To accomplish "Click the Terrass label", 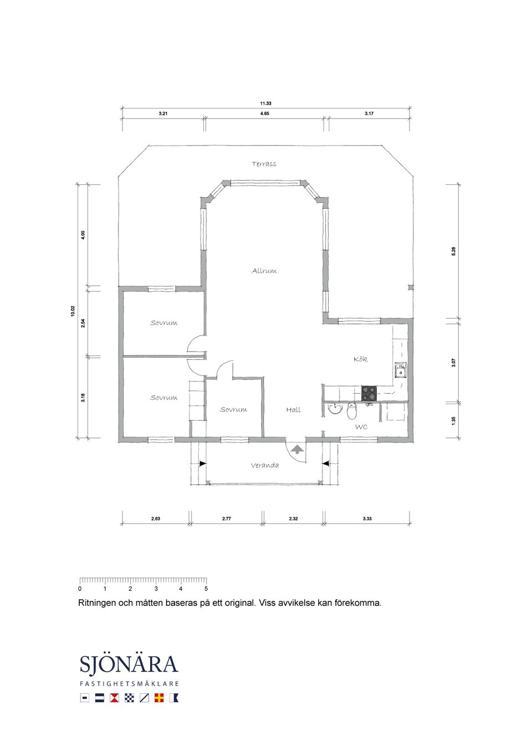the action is (x=264, y=164).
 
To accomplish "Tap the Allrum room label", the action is (x=264, y=271).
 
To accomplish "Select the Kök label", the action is (x=360, y=359).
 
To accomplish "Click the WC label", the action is (x=361, y=427).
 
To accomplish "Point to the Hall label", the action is (x=293, y=410).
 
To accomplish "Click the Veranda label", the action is (x=265, y=465).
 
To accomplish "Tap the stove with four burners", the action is (x=369, y=394).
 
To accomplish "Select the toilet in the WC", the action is (x=352, y=411).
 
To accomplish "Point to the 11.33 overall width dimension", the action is (x=265, y=104).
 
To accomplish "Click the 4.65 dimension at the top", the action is (x=265, y=114).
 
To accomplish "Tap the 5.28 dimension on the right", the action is (x=454, y=251).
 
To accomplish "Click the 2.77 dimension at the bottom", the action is (x=226, y=518).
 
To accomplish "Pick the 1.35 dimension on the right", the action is (x=454, y=421).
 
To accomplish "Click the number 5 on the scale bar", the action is (x=206, y=589).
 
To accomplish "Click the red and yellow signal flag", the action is (x=159, y=698).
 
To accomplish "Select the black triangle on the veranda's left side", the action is (x=203, y=463).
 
